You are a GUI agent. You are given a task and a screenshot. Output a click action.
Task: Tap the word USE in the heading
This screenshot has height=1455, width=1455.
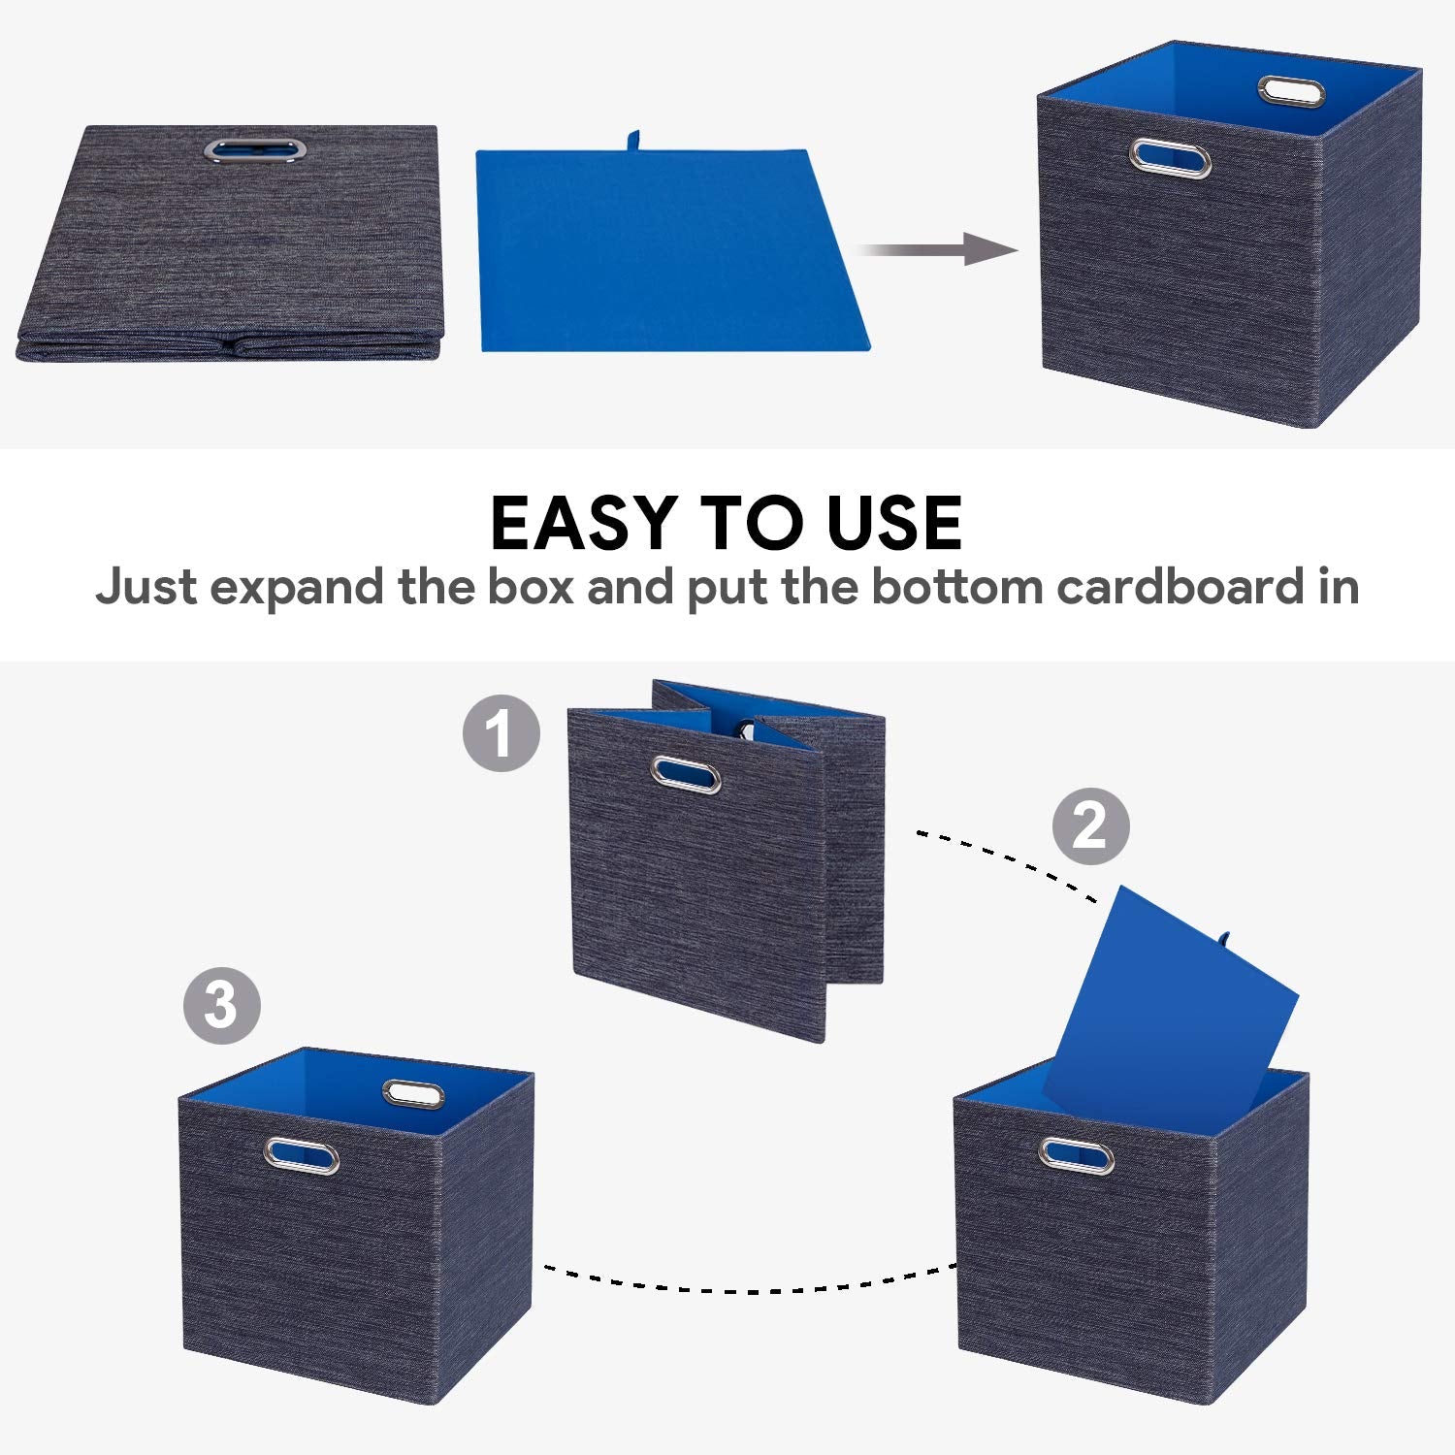[893, 523]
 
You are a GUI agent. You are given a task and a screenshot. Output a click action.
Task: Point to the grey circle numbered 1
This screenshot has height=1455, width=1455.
[501, 732]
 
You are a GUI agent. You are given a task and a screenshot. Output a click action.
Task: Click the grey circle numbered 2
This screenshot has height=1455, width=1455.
[1091, 826]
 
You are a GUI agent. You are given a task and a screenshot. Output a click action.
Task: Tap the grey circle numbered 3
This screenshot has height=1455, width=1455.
[222, 1005]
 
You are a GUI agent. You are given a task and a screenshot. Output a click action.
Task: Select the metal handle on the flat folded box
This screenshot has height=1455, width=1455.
[254, 149]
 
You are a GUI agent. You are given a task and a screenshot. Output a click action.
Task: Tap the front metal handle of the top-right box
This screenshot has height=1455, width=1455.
[1171, 157]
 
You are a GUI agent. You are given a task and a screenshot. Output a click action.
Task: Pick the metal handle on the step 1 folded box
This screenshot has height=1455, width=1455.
[686, 774]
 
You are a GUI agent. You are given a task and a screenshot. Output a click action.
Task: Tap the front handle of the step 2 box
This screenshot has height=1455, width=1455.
[1077, 1154]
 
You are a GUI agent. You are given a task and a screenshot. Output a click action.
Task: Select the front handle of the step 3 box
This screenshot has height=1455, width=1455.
[302, 1154]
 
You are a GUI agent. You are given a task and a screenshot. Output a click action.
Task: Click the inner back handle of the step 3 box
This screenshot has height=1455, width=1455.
[413, 1094]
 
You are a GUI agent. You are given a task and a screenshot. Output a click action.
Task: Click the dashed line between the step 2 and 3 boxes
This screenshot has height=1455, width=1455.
[747, 1285]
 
